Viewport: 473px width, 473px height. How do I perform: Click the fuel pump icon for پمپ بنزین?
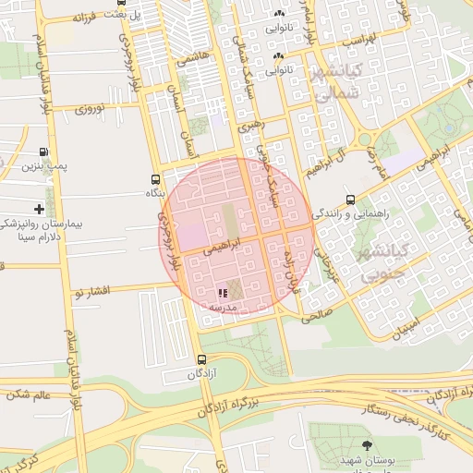[43, 152]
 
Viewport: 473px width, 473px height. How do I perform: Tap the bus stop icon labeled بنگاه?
[154, 179]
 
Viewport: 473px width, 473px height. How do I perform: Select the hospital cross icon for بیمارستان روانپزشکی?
[38, 210]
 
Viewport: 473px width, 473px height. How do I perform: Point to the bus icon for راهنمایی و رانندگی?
[350, 200]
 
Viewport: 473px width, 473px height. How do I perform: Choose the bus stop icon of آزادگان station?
[201, 360]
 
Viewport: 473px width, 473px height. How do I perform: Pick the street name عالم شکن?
[29, 394]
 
